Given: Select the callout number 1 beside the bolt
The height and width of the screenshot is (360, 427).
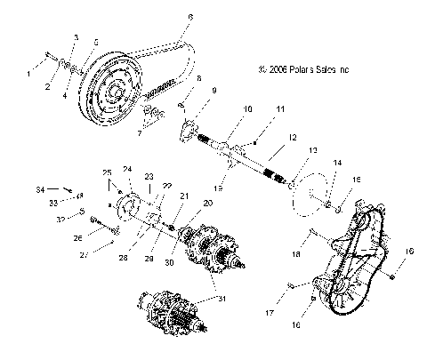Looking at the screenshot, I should coord(28,74).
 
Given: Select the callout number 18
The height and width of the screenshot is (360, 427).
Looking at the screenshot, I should coord(298,253).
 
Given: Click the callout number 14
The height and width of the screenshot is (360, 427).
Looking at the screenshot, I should coord(337,164).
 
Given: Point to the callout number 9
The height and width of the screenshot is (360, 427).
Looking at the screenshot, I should coord(213,91).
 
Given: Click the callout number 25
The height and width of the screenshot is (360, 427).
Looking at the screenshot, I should coord(105,171).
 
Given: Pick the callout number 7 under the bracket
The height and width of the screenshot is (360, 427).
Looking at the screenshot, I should coord(138,133).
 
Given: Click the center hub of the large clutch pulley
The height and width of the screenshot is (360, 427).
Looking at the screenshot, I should coord(115,92).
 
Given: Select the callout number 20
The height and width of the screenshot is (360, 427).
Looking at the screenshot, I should coord(208,203).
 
